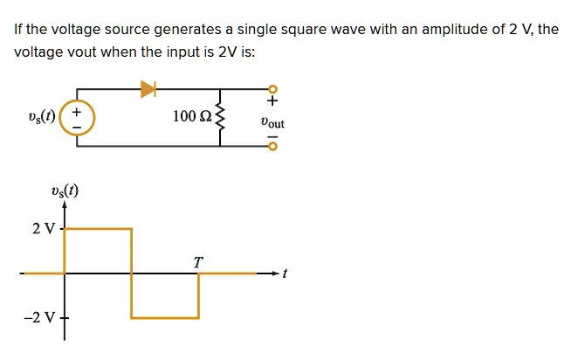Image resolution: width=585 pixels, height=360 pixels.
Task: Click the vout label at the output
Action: click(x=272, y=123)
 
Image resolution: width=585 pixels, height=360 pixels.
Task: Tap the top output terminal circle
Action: click(x=272, y=88)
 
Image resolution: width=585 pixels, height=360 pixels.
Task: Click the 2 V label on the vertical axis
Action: click(x=43, y=229)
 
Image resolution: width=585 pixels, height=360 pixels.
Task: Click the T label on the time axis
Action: click(x=198, y=261)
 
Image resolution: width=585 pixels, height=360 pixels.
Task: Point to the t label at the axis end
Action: click(x=285, y=273)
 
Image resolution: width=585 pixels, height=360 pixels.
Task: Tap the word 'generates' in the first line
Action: click(x=184, y=30)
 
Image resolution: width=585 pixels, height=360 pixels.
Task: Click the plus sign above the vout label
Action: click(x=272, y=105)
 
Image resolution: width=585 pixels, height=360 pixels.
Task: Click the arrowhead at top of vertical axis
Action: click(x=65, y=204)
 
